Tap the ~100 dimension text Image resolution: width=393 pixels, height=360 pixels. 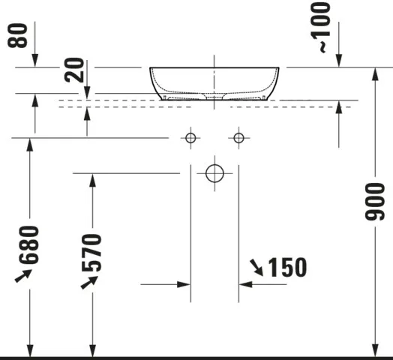[x=321, y=27]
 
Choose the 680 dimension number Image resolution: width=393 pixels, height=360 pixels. [x=30, y=244]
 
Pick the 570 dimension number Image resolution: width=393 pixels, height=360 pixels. [x=94, y=253]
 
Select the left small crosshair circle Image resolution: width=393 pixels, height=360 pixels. [x=190, y=137]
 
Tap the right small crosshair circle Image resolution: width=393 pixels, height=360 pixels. [x=238, y=137]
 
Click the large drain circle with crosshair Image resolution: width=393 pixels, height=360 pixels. [x=214, y=173]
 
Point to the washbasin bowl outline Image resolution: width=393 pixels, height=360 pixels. [x=214, y=82]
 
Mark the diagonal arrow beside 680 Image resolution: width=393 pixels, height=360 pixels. [x=23, y=277]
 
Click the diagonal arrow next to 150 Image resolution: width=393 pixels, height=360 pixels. [x=256, y=265]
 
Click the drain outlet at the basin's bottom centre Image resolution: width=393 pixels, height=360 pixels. [x=214, y=97]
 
